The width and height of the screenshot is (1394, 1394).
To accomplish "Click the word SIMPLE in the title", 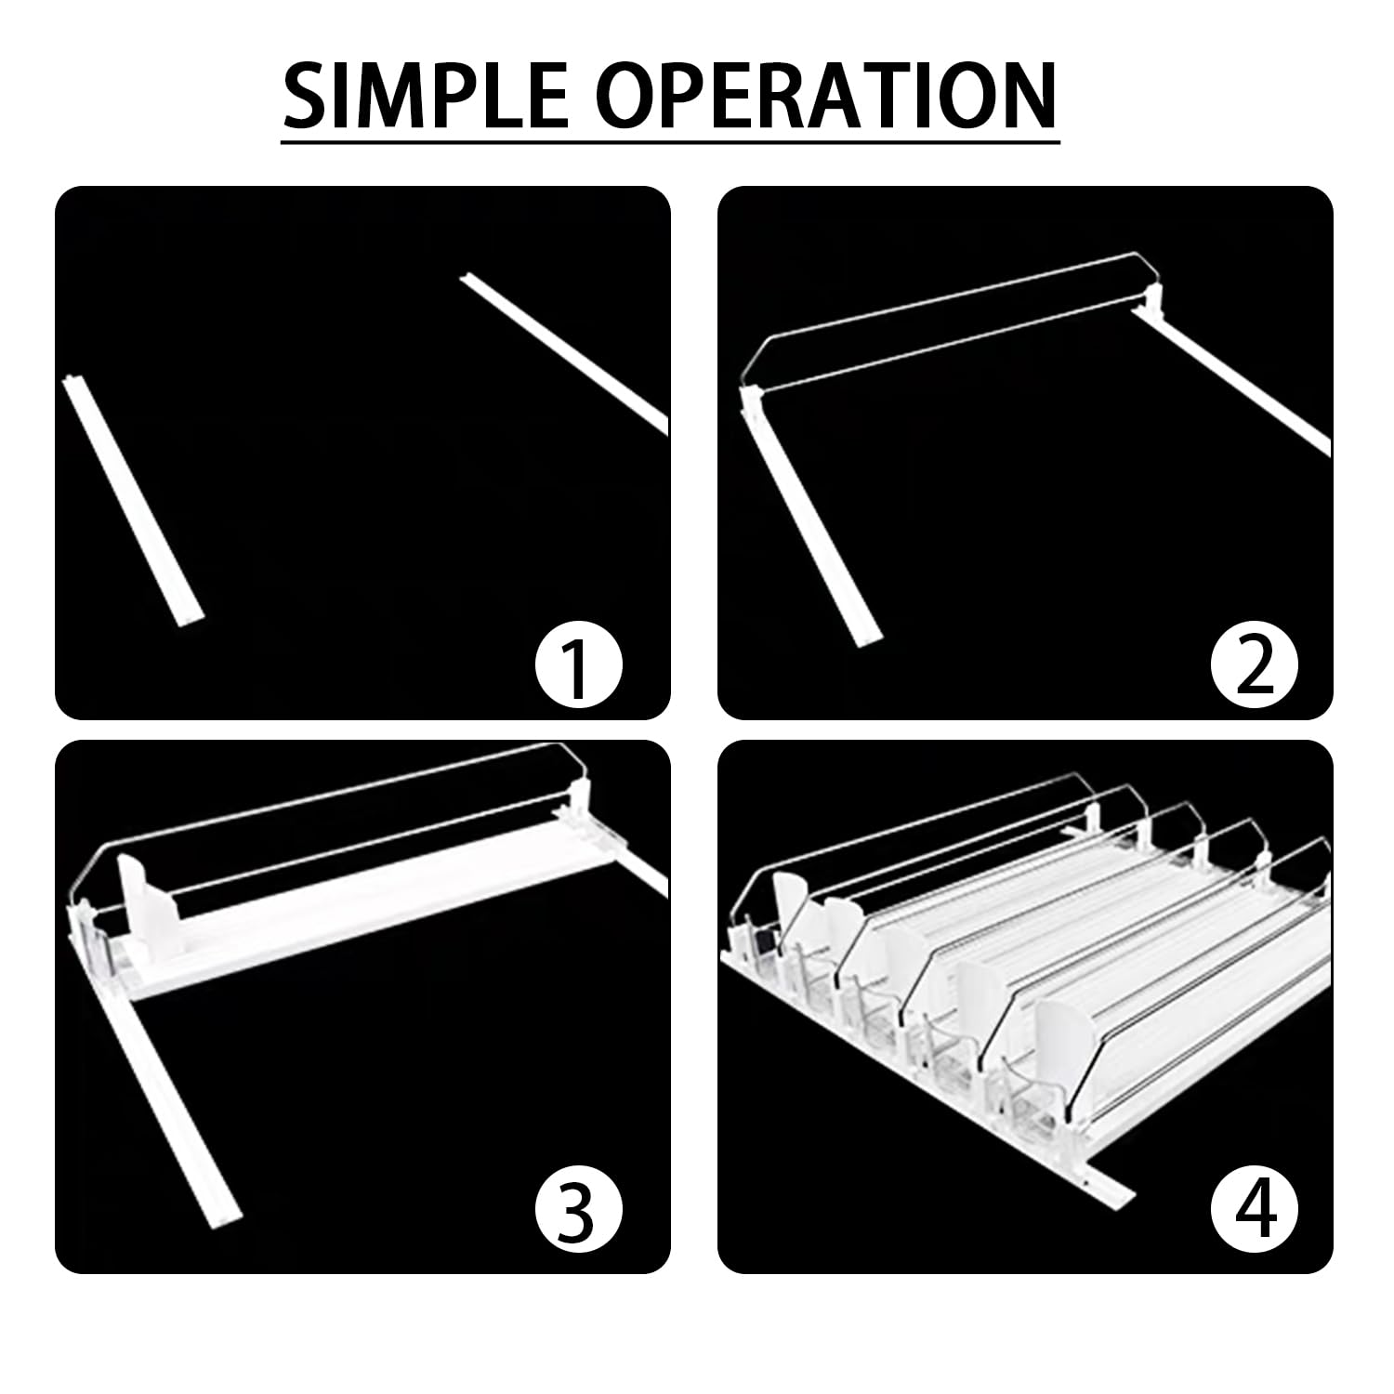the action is tap(424, 96).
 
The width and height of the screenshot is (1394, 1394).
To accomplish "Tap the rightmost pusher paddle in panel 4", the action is tap(1065, 1034).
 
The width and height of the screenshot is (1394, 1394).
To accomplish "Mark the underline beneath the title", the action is tap(671, 141).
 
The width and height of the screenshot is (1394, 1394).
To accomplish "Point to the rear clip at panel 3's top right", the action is tap(580, 799).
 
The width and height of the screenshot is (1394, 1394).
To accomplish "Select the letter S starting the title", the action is tap(308, 96).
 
